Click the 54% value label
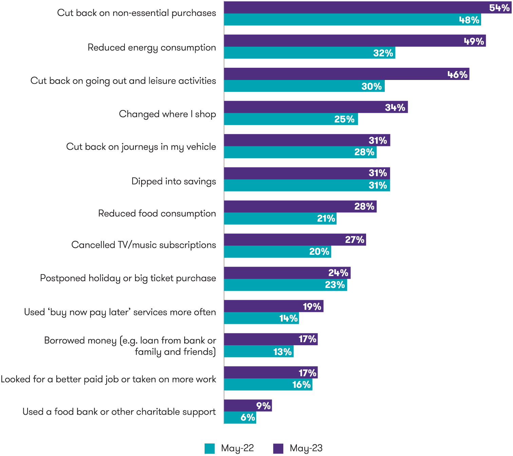pos(499,8)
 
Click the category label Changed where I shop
pos(167,114)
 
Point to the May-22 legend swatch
pos(210,448)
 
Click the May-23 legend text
pos(306,448)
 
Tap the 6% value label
pos(248,417)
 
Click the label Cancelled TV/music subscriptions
pos(144,245)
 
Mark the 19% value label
pos(312,307)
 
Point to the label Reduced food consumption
pos(157,213)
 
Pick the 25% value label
pos(344,119)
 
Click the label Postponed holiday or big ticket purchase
pos(128,278)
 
